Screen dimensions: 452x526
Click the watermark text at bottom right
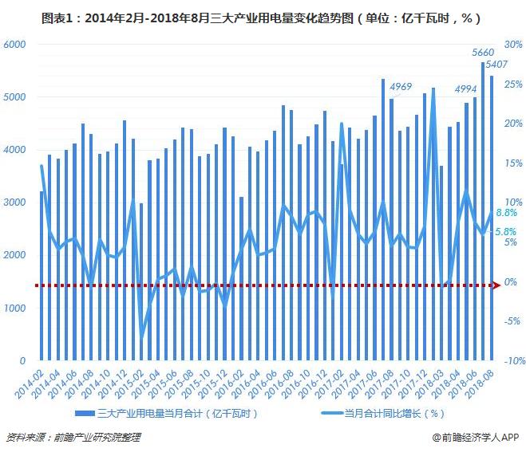pyautogui.click(x=476, y=437)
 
